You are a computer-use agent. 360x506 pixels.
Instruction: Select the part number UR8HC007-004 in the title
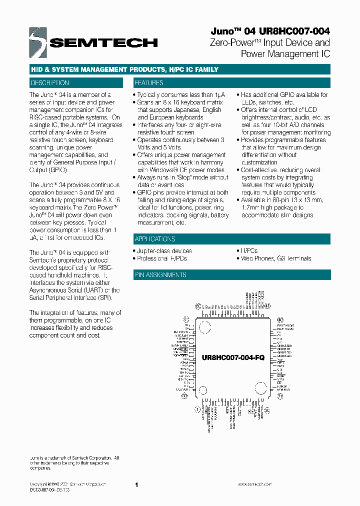point(291,31)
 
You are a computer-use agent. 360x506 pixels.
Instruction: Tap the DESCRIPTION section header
point(50,83)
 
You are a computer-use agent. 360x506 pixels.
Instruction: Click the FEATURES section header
point(149,83)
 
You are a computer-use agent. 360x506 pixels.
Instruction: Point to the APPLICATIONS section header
point(155,239)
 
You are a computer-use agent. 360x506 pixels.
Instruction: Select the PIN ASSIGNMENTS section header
point(160,275)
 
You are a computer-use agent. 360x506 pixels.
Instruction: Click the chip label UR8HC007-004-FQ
point(233,358)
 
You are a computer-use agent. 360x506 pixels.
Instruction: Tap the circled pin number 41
point(267,305)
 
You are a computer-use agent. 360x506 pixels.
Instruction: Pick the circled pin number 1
point(197,409)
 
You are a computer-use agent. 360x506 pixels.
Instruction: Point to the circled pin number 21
point(280,395)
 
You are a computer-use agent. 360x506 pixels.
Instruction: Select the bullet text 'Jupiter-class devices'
point(164,251)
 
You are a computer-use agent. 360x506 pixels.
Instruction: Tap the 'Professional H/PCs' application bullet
point(162,258)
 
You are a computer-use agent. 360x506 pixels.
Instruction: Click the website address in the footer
point(255,484)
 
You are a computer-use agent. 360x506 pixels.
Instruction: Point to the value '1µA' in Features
point(219,94)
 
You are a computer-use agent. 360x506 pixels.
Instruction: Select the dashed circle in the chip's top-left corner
point(205,328)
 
